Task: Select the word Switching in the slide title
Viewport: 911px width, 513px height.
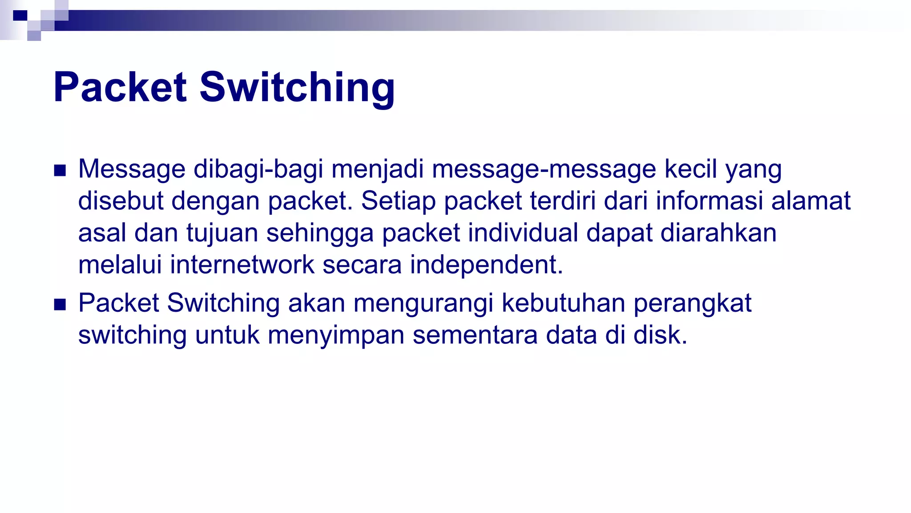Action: click(x=297, y=88)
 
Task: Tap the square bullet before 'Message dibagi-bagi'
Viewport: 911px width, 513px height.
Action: click(x=60, y=171)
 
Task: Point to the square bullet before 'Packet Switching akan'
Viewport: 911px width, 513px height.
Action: click(x=60, y=305)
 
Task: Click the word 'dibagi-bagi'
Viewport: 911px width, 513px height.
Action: click(x=258, y=170)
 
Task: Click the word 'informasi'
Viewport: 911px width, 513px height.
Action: click(x=709, y=201)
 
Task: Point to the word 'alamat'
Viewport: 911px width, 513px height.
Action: click(x=810, y=201)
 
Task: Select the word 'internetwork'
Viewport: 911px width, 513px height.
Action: click(x=242, y=265)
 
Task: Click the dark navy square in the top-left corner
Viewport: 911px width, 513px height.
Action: click(x=20, y=16)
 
